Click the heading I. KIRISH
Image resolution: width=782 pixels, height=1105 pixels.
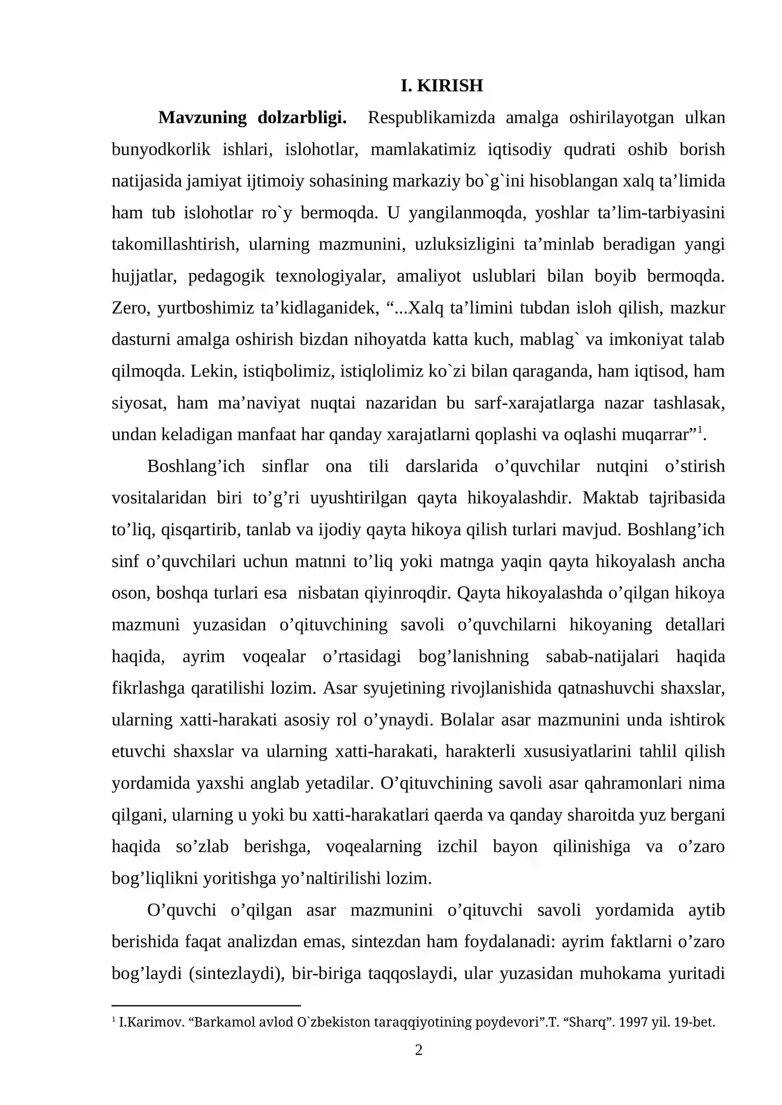(x=441, y=86)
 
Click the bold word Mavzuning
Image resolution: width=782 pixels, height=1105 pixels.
(x=202, y=118)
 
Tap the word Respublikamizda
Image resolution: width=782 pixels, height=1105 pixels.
(x=431, y=118)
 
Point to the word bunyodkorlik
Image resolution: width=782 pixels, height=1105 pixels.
(x=161, y=149)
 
